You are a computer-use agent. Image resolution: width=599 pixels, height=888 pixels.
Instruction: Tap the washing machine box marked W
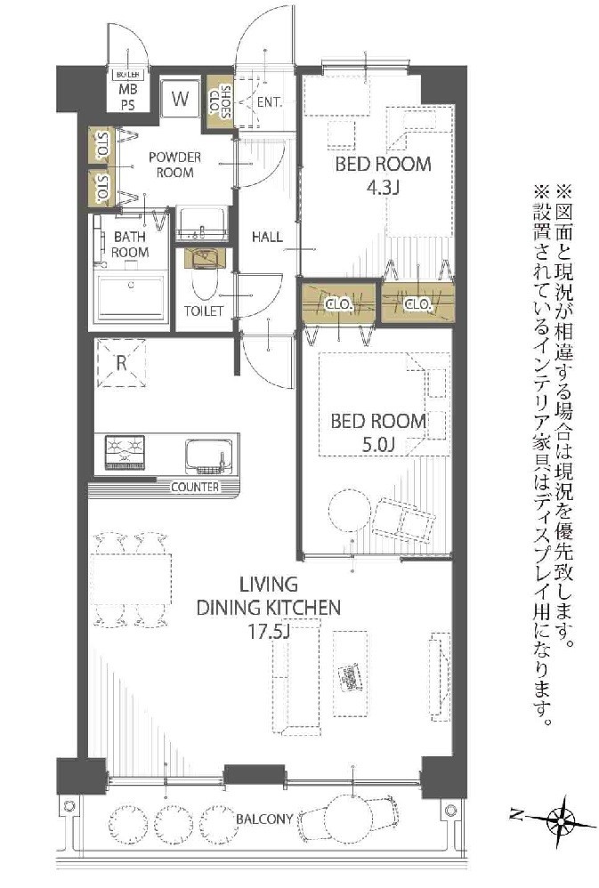coord(181,100)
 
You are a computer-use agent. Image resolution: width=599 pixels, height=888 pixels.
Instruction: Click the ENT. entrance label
coord(269,102)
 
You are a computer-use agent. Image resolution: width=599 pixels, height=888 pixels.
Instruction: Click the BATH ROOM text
coord(130,245)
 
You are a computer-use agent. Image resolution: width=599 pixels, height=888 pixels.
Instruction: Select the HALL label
coord(267,238)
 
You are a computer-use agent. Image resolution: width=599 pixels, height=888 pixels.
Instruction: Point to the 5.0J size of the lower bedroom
coord(378,445)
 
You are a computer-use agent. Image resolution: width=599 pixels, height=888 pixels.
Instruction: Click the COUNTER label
coord(194,488)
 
